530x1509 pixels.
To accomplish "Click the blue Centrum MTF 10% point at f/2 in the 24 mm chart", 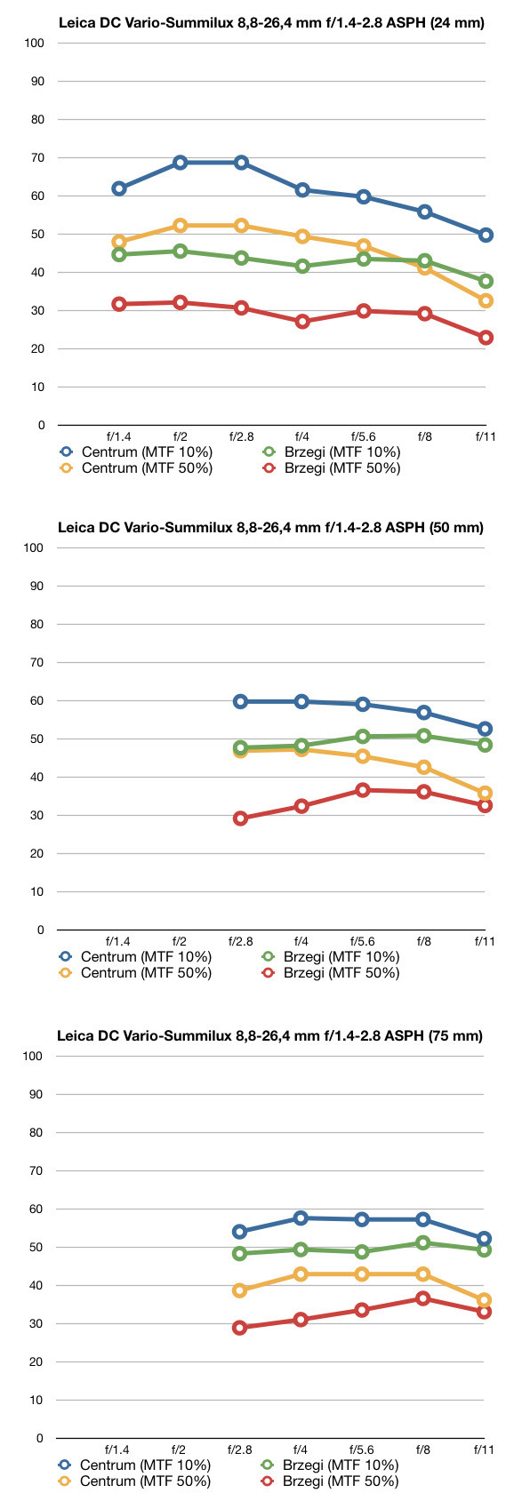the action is click(x=180, y=163).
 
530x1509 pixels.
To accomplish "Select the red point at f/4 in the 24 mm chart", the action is click(x=302, y=322).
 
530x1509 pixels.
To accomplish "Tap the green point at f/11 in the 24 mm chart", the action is click(x=486, y=281).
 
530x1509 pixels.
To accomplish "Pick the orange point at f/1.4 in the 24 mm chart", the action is click(x=119, y=242).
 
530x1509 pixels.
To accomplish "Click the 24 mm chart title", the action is click(x=271, y=22).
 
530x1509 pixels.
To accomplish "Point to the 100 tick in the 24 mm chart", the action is click(x=34, y=44).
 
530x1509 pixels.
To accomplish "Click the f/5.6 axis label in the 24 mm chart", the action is click(x=363, y=436).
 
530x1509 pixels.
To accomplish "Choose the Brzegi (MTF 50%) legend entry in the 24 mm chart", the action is click(x=332, y=468).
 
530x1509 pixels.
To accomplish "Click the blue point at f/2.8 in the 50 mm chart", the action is click(x=240, y=701).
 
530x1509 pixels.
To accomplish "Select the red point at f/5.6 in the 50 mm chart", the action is click(x=362, y=790).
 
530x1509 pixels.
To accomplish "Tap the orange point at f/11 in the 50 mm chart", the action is click(x=485, y=793).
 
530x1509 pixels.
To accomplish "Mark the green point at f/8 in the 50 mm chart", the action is click(x=423, y=736).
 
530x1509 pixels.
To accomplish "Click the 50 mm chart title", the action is click(x=270, y=528).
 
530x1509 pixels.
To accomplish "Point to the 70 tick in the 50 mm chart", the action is click(x=36, y=663).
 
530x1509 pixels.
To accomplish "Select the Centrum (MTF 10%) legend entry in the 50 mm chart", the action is click(x=135, y=956).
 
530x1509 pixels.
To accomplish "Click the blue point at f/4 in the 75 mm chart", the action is click(x=301, y=1218).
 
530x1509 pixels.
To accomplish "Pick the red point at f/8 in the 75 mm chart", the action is click(x=422, y=1298).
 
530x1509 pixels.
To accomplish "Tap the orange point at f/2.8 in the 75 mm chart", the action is click(x=239, y=1290).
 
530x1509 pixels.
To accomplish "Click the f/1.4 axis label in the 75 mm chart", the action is click(x=117, y=1449).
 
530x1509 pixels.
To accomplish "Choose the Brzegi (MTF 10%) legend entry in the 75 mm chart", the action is click(x=331, y=1465).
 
